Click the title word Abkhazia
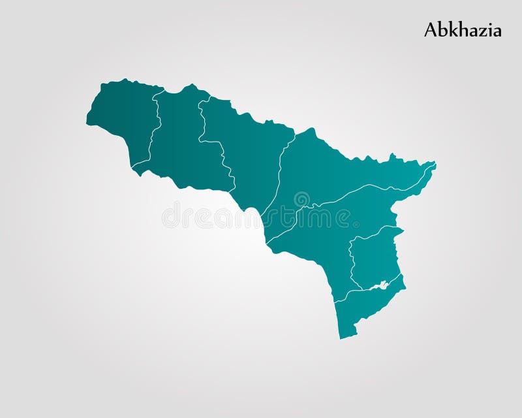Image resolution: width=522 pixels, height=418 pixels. pos(463,30)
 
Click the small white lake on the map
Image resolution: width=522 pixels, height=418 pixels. pos(378,285)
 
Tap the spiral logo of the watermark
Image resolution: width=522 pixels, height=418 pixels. pos(301,199)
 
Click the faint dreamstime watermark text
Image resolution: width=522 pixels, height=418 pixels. pos(261,216)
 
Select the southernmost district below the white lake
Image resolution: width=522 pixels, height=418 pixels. pos(365,310)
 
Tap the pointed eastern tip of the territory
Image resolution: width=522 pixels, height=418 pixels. pos(435,164)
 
